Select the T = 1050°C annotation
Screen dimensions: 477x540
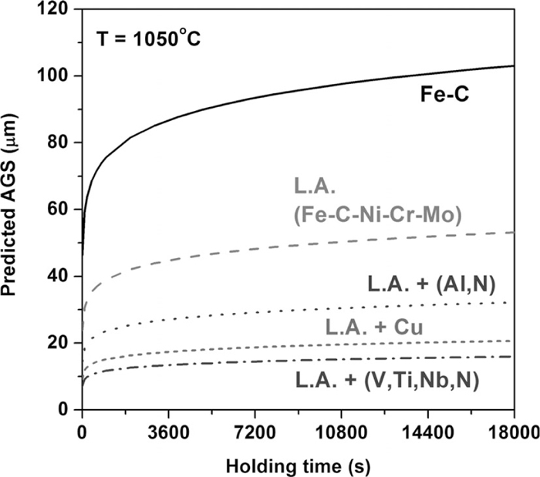pyautogui.click(x=148, y=37)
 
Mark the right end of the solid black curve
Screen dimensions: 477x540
pyautogui.click(x=513, y=66)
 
